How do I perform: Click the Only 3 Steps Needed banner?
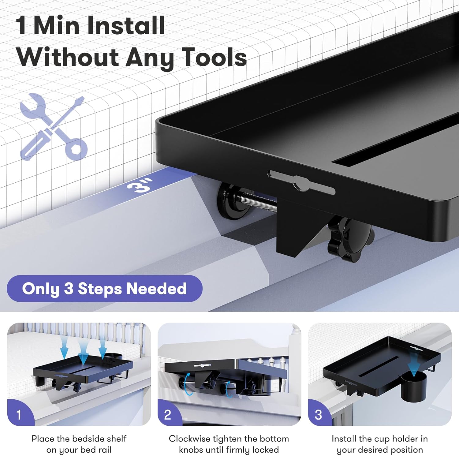pyautogui.click(x=104, y=289)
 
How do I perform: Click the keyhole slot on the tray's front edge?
pyautogui.click(x=301, y=183)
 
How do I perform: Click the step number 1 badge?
pyautogui.click(x=19, y=415)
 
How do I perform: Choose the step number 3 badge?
pyautogui.click(x=318, y=415)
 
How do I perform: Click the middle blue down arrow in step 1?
pyautogui.click(x=83, y=352)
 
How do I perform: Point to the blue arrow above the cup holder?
pyautogui.click(x=413, y=364)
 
